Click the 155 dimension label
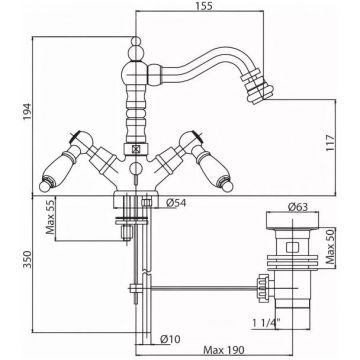[203, 6]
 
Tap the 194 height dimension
[27, 112]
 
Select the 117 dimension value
[329, 143]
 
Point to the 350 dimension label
[27, 260]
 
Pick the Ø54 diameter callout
[176, 202]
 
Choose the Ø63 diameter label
[298, 207]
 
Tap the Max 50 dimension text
[329, 247]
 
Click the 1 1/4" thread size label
[266, 322]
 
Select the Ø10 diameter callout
[170, 339]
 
